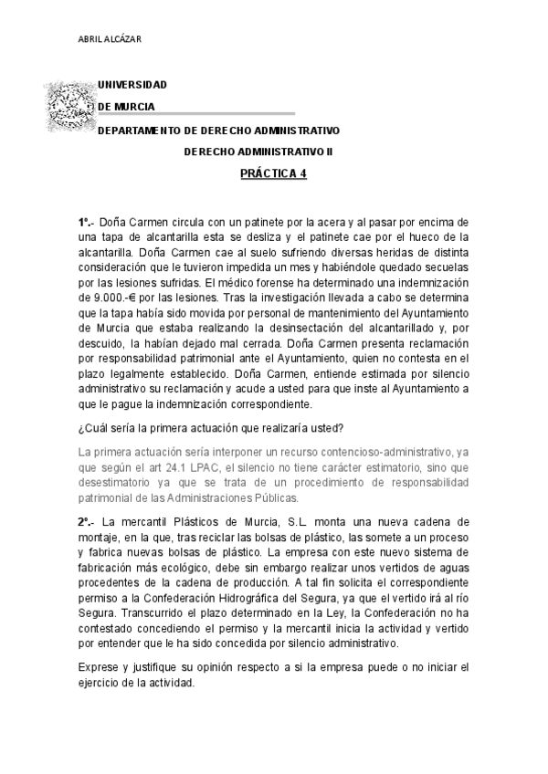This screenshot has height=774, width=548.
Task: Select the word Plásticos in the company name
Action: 185,521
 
